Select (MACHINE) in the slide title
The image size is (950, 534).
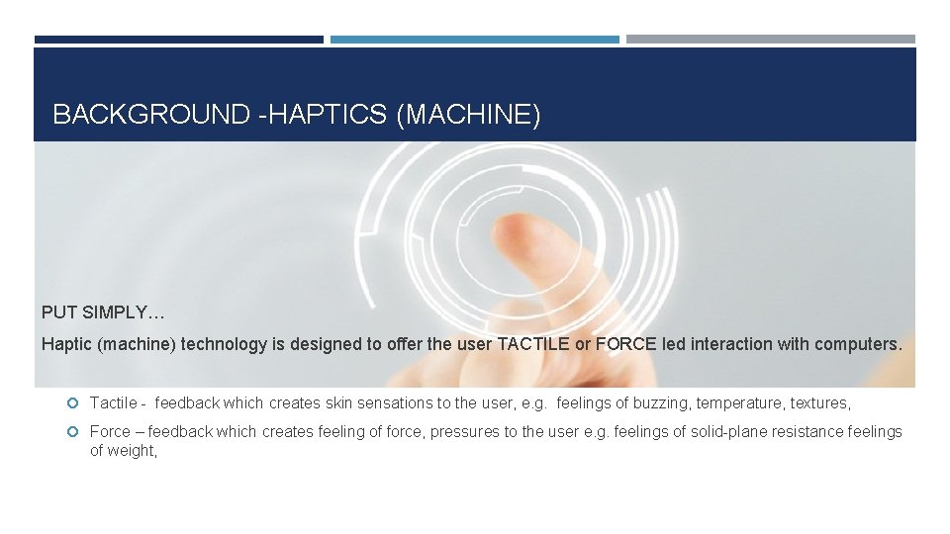click(x=468, y=116)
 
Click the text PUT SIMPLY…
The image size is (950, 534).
click(x=103, y=312)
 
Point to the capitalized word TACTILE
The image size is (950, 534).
click(x=534, y=345)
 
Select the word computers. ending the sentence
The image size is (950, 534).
click(x=857, y=345)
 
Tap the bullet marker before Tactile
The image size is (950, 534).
click(x=72, y=403)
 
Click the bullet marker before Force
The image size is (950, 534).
click(x=72, y=431)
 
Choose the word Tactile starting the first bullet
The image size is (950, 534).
click(x=113, y=403)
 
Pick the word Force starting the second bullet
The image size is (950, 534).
click(x=110, y=431)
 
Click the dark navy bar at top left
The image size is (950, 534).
click(x=179, y=40)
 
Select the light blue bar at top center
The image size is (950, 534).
click(x=474, y=40)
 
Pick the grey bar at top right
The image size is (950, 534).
click(x=770, y=40)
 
